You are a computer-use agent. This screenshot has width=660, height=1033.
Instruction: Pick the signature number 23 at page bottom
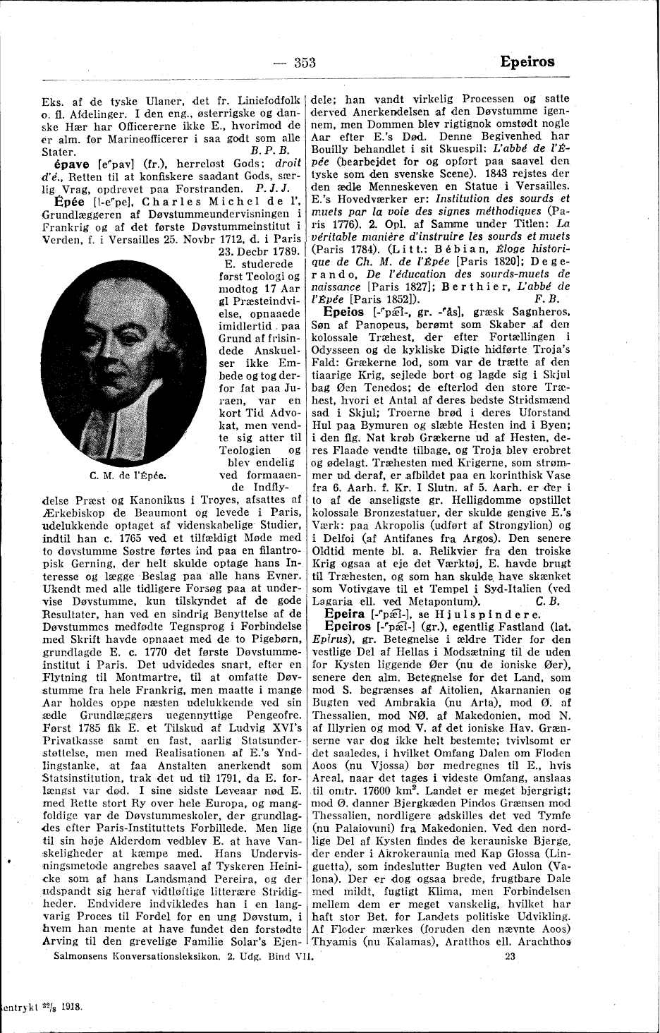513,958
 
